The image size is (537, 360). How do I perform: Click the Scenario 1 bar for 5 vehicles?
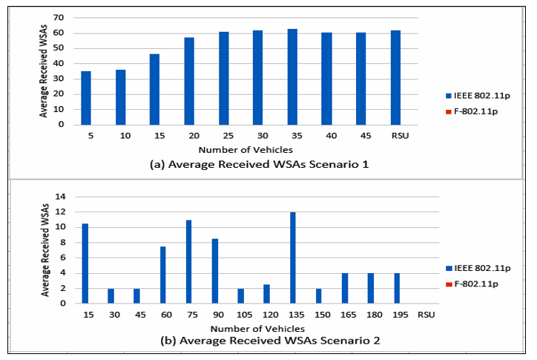(86, 98)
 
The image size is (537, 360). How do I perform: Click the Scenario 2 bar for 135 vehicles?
(293, 258)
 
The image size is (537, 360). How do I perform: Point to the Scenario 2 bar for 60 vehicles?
(162, 275)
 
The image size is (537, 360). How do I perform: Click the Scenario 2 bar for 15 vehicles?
(85, 263)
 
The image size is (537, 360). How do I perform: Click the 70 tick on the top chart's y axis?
(58, 17)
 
